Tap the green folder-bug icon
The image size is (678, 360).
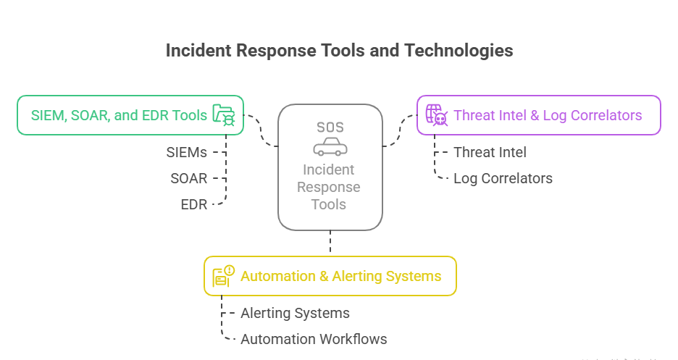[224, 115]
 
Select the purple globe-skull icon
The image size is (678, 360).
[435, 115]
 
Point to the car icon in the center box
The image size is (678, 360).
[330, 148]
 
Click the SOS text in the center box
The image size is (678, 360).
[330, 127]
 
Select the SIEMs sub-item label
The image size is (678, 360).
[187, 152]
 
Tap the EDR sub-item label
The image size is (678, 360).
[193, 204]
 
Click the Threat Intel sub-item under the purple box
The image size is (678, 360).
[490, 152]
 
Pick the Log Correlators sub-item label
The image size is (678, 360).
[503, 178]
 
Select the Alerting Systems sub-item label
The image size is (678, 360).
[295, 313]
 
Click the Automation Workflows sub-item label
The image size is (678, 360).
[314, 339]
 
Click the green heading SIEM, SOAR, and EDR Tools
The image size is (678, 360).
[119, 115]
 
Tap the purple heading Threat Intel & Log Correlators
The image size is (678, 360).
[548, 115]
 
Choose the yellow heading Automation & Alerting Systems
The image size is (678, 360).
[340, 276]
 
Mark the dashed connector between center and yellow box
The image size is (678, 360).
[330, 243]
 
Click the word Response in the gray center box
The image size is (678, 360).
[330, 187]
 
